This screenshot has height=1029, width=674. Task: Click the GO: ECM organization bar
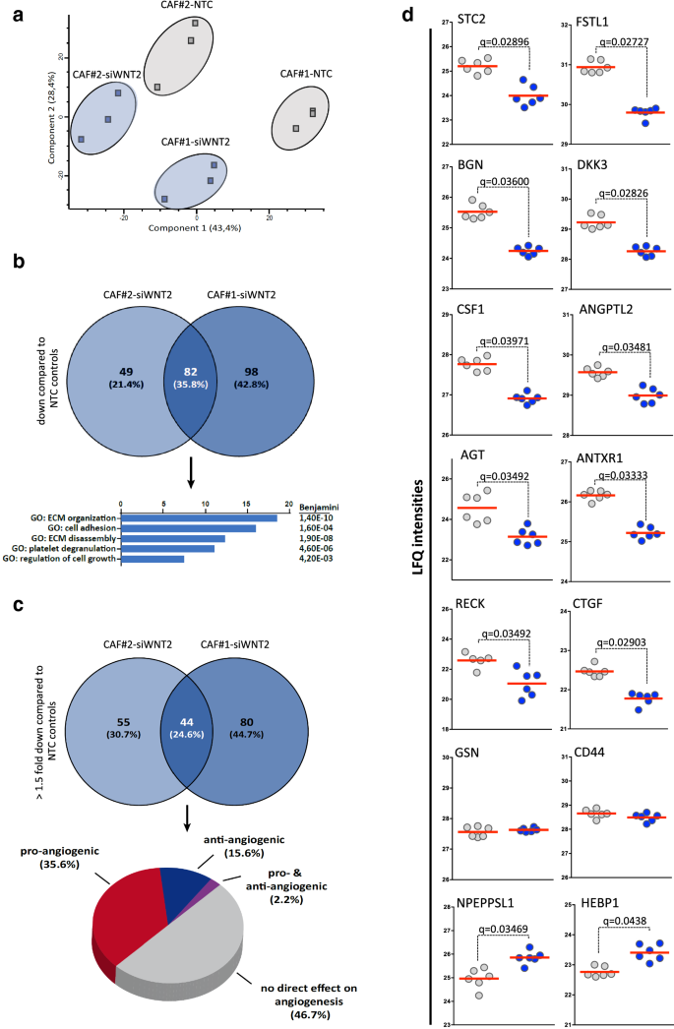(x=199, y=517)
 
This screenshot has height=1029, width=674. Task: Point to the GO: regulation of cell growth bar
(x=153, y=559)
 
